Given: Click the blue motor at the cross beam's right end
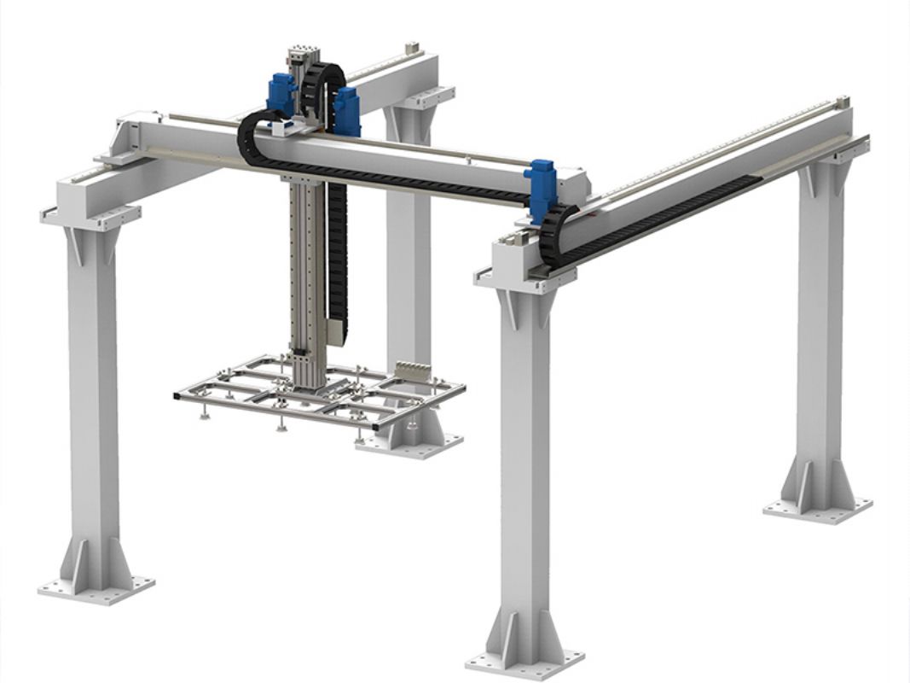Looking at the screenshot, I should [540, 182].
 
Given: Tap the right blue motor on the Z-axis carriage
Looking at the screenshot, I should [346, 110].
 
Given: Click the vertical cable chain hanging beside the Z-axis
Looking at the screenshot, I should [338, 256].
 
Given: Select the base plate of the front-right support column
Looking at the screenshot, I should [525, 662].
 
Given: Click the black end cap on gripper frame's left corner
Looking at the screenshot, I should [177, 395].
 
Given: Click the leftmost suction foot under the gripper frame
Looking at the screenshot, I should [205, 415].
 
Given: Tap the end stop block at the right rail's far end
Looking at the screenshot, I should [843, 101].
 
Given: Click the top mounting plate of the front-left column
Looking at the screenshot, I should [90, 216].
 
